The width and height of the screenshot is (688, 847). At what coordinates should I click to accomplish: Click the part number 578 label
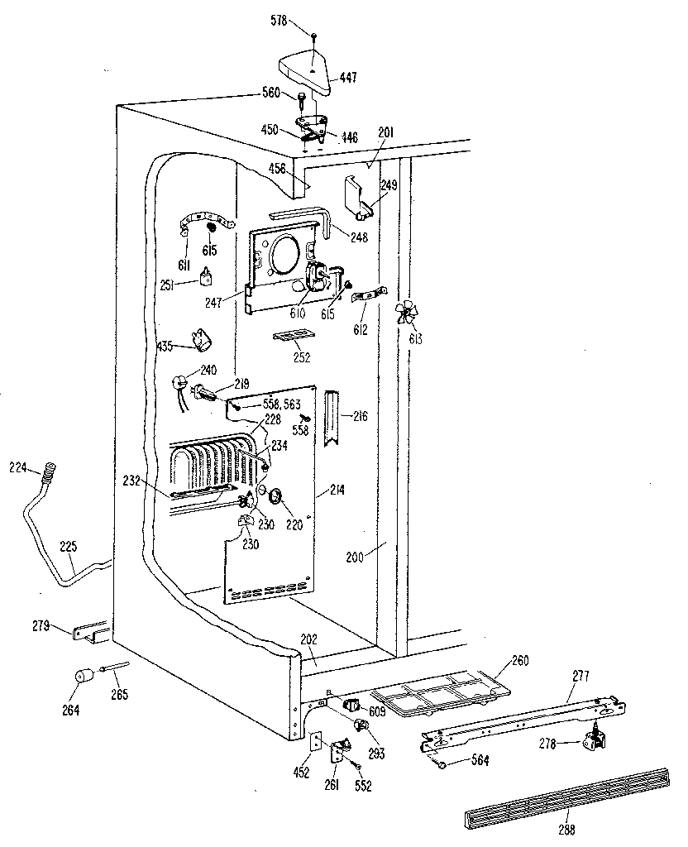pos(279,22)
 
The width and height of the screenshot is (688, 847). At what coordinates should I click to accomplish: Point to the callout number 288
pos(566,830)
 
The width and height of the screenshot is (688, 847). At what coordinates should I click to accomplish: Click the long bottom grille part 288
pos(567,797)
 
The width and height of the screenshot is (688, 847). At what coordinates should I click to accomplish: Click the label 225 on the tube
pos(68,547)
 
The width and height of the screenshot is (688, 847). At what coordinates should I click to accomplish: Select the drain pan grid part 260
pos(441,694)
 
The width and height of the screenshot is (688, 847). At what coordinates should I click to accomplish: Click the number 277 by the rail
pos(580,676)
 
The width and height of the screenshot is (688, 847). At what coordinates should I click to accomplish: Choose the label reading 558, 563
pos(281,404)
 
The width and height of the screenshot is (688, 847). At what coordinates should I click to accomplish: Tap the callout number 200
pos(356,557)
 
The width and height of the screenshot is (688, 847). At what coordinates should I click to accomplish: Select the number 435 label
pos(165,346)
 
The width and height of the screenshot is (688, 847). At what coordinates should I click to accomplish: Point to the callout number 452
pos(301,773)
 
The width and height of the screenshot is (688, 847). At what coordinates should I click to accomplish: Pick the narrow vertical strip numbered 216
pos(332,418)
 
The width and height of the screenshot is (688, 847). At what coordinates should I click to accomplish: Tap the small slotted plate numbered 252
pos(293,338)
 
